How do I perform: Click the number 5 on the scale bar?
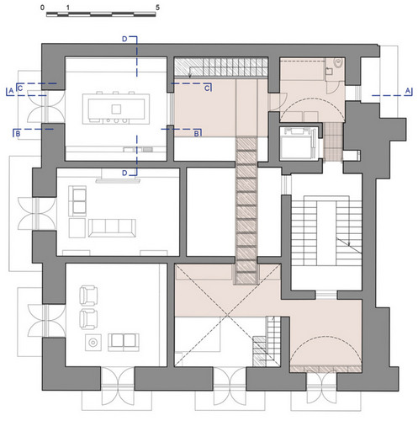tap(157, 8)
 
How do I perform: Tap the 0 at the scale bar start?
tap(42, 8)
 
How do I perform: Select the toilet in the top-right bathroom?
tap(339, 63)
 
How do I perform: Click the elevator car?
tap(299, 143)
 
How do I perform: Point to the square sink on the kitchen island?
tap(116, 109)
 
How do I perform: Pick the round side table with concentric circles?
tap(93, 343)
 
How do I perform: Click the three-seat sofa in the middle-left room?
tap(112, 228)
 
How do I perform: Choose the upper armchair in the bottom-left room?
tap(88, 296)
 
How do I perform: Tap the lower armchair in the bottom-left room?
tap(88, 319)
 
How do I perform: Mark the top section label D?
tap(124, 39)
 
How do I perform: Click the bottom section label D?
tap(124, 173)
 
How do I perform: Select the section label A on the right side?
tap(408, 91)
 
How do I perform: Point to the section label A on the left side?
tap(11, 91)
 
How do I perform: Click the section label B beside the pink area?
tap(197, 134)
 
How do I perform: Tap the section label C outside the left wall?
tap(20, 88)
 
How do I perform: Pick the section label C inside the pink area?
tap(207, 88)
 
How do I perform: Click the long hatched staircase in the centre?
tap(246, 210)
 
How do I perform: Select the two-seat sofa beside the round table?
tap(124, 342)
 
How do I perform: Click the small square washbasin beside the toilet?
tap(329, 71)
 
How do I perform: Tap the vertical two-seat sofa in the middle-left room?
tap(77, 201)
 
